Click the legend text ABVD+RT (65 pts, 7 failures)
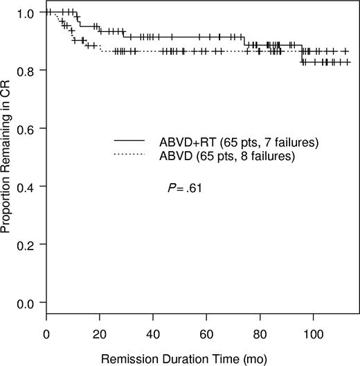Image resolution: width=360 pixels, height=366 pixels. click(x=239, y=143)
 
